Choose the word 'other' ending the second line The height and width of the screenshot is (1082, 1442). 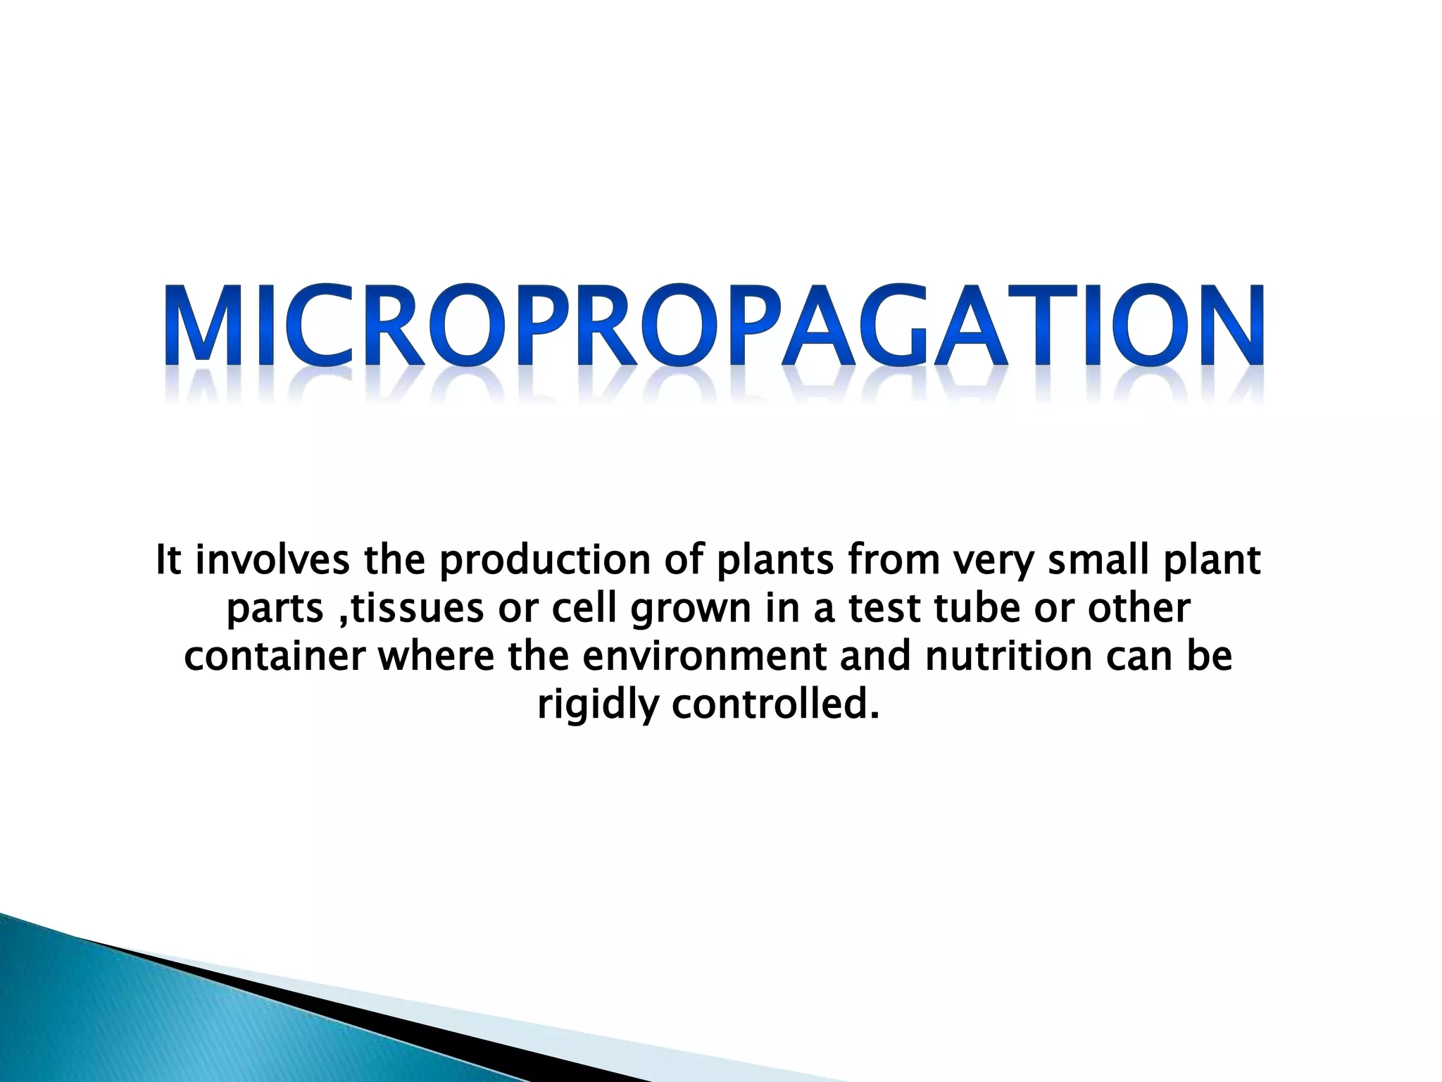coord(1139,609)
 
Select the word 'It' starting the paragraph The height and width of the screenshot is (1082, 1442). coord(168,560)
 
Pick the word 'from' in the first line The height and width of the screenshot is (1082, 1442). coord(894,560)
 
